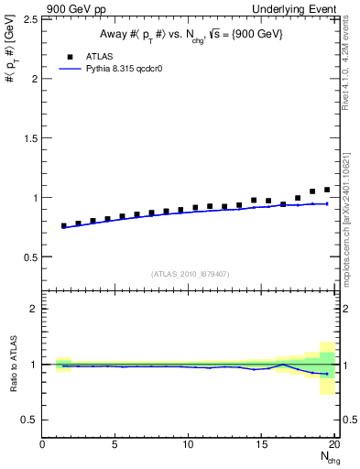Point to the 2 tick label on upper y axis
tap(33, 79)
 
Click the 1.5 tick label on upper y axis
tap(29, 138)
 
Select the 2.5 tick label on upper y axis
tap(29, 19)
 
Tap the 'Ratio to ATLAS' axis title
tap(12, 365)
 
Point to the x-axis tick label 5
tap(115, 445)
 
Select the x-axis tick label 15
tap(262, 445)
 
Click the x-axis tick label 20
tap(334, 445)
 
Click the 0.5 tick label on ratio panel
tap(29, 420)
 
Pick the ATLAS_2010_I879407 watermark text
tap(190, 272)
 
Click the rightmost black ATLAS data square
tap(327, 190)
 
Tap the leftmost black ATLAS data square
tap(63, 225)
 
